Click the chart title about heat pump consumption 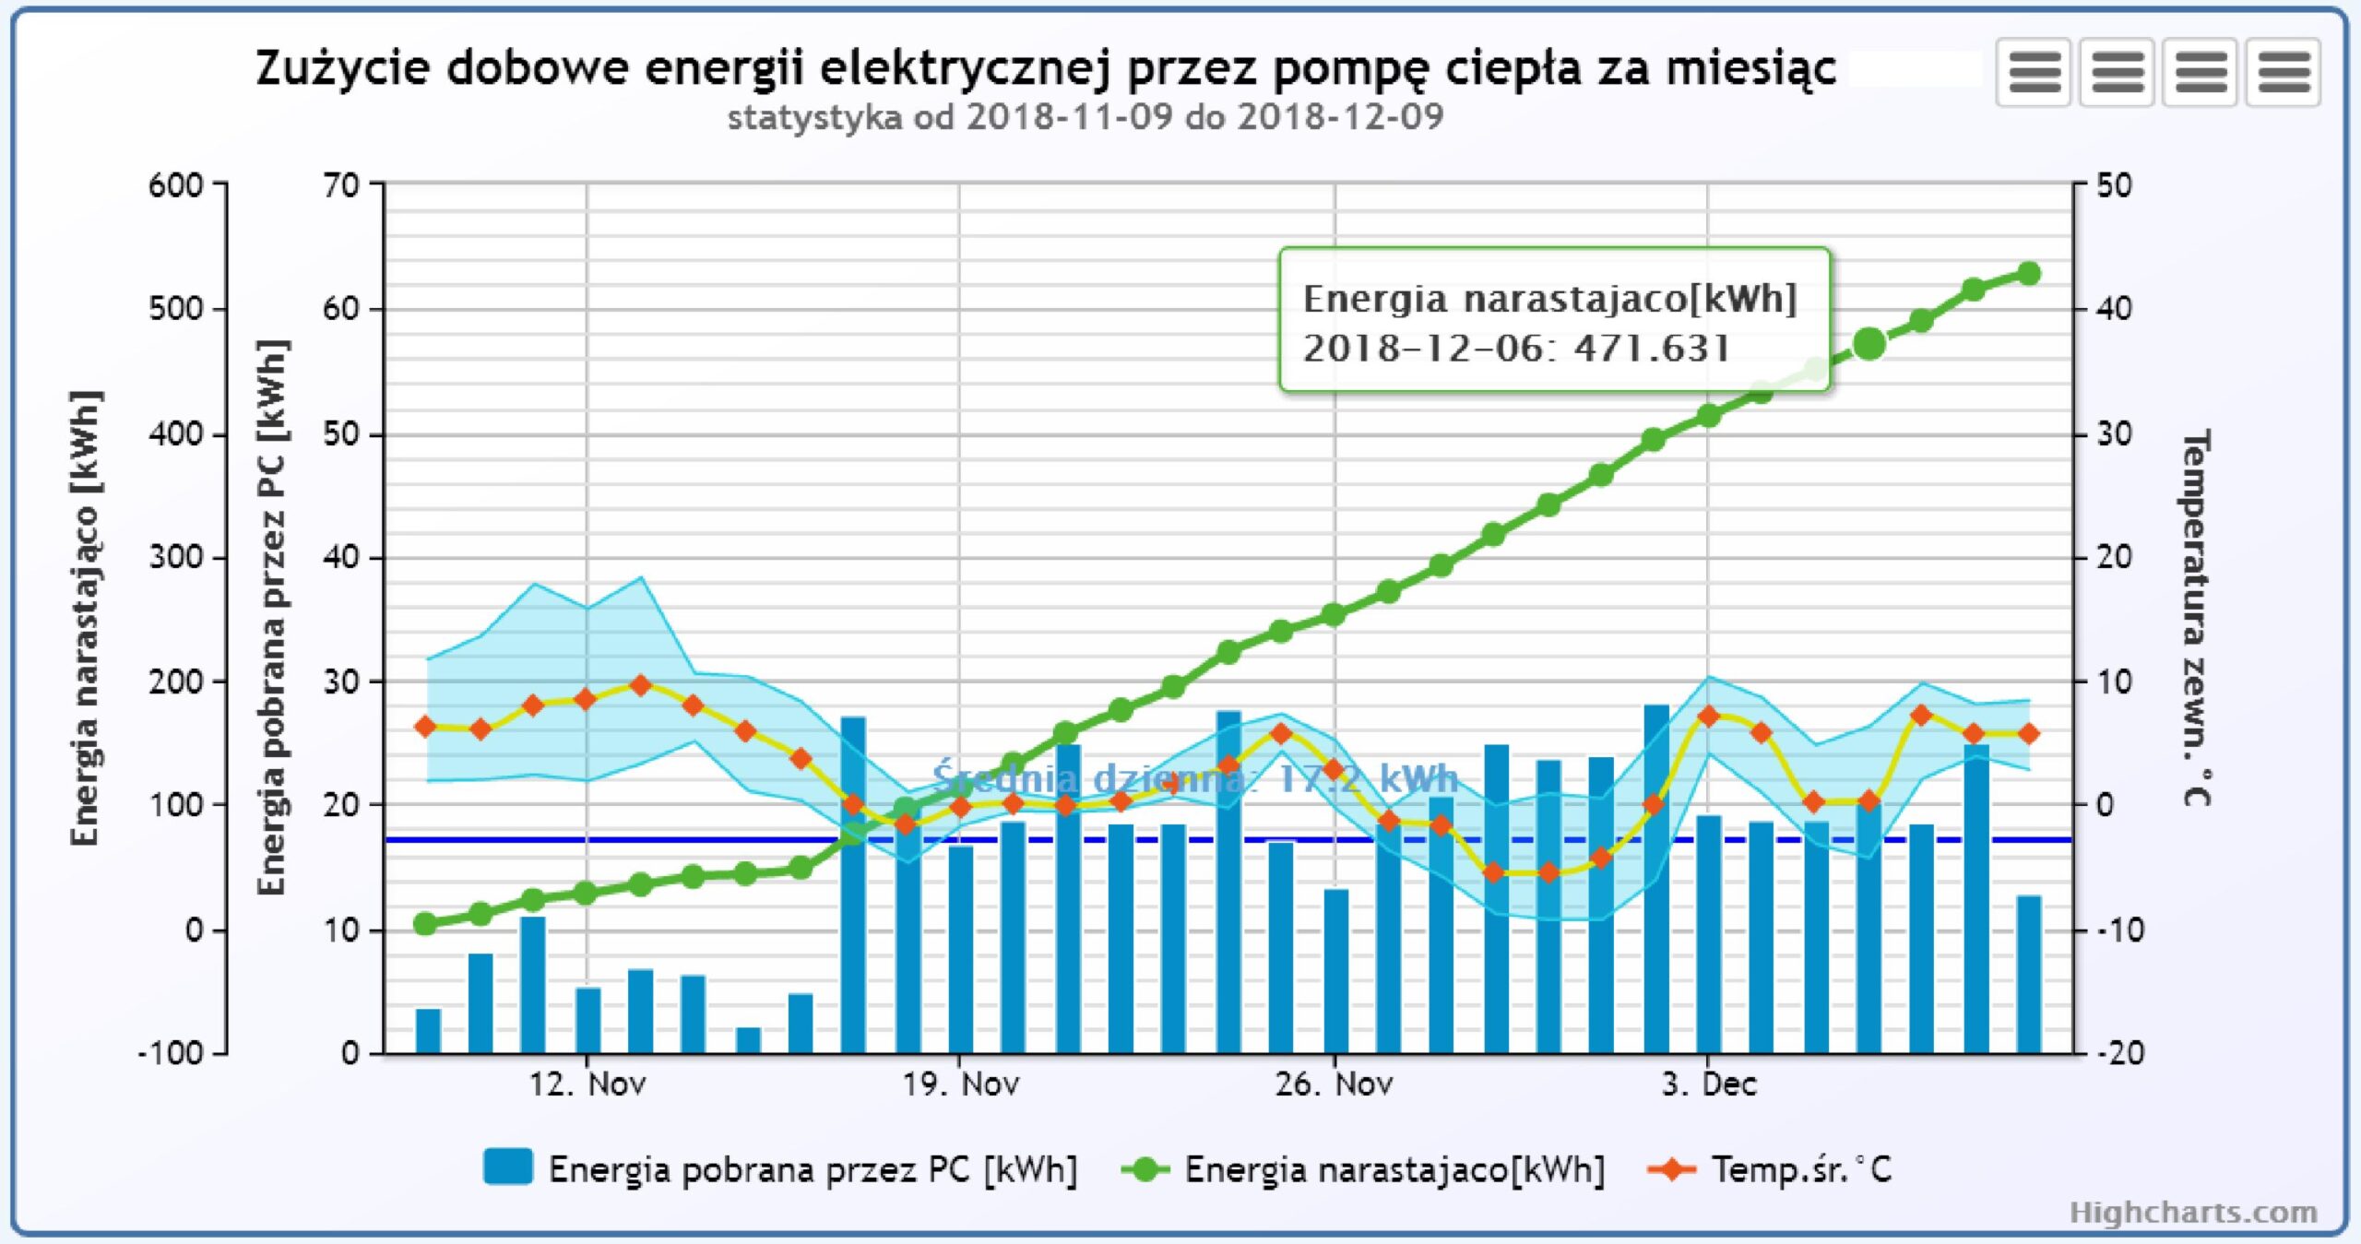(1045, 68)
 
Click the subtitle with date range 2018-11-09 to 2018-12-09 (1086, 117)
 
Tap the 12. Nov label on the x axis (587, 1084)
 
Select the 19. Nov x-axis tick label (960, 1084)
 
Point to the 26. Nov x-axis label (1334, 1084)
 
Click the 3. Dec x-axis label (1708, 1084)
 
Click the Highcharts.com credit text (2193, 1212)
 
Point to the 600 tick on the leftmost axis (176, 185)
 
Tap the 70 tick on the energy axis (340, 185)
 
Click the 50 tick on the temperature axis (2114, 185)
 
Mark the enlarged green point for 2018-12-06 (1869, 344)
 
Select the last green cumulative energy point (2028, 273)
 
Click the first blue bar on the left (428, 1031)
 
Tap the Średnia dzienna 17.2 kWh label (1194, 779)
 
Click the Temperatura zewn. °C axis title (2196, 618)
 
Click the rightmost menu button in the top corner (2283, 72)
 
